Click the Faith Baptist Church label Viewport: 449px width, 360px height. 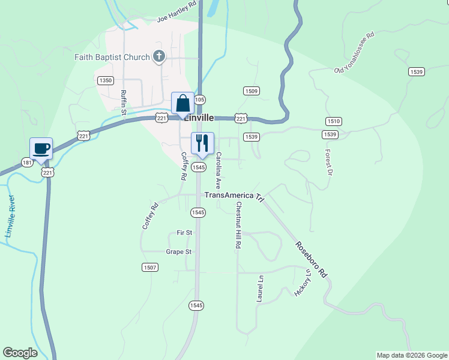112,58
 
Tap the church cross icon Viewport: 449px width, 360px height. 159,57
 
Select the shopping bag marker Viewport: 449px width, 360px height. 182,103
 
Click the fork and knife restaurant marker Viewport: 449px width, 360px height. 202,143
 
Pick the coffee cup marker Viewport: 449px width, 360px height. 41,148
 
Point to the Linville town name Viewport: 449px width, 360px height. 199,118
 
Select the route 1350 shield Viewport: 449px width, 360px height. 105,80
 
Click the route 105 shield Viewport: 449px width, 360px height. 200,100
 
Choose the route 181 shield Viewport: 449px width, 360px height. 28,163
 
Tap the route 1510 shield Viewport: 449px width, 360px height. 334,121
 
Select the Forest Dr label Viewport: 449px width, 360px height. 328,162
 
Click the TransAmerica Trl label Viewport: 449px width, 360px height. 235,196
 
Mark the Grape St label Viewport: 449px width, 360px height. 178,252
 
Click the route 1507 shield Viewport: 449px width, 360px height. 150,267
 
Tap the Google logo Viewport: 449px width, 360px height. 20,353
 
